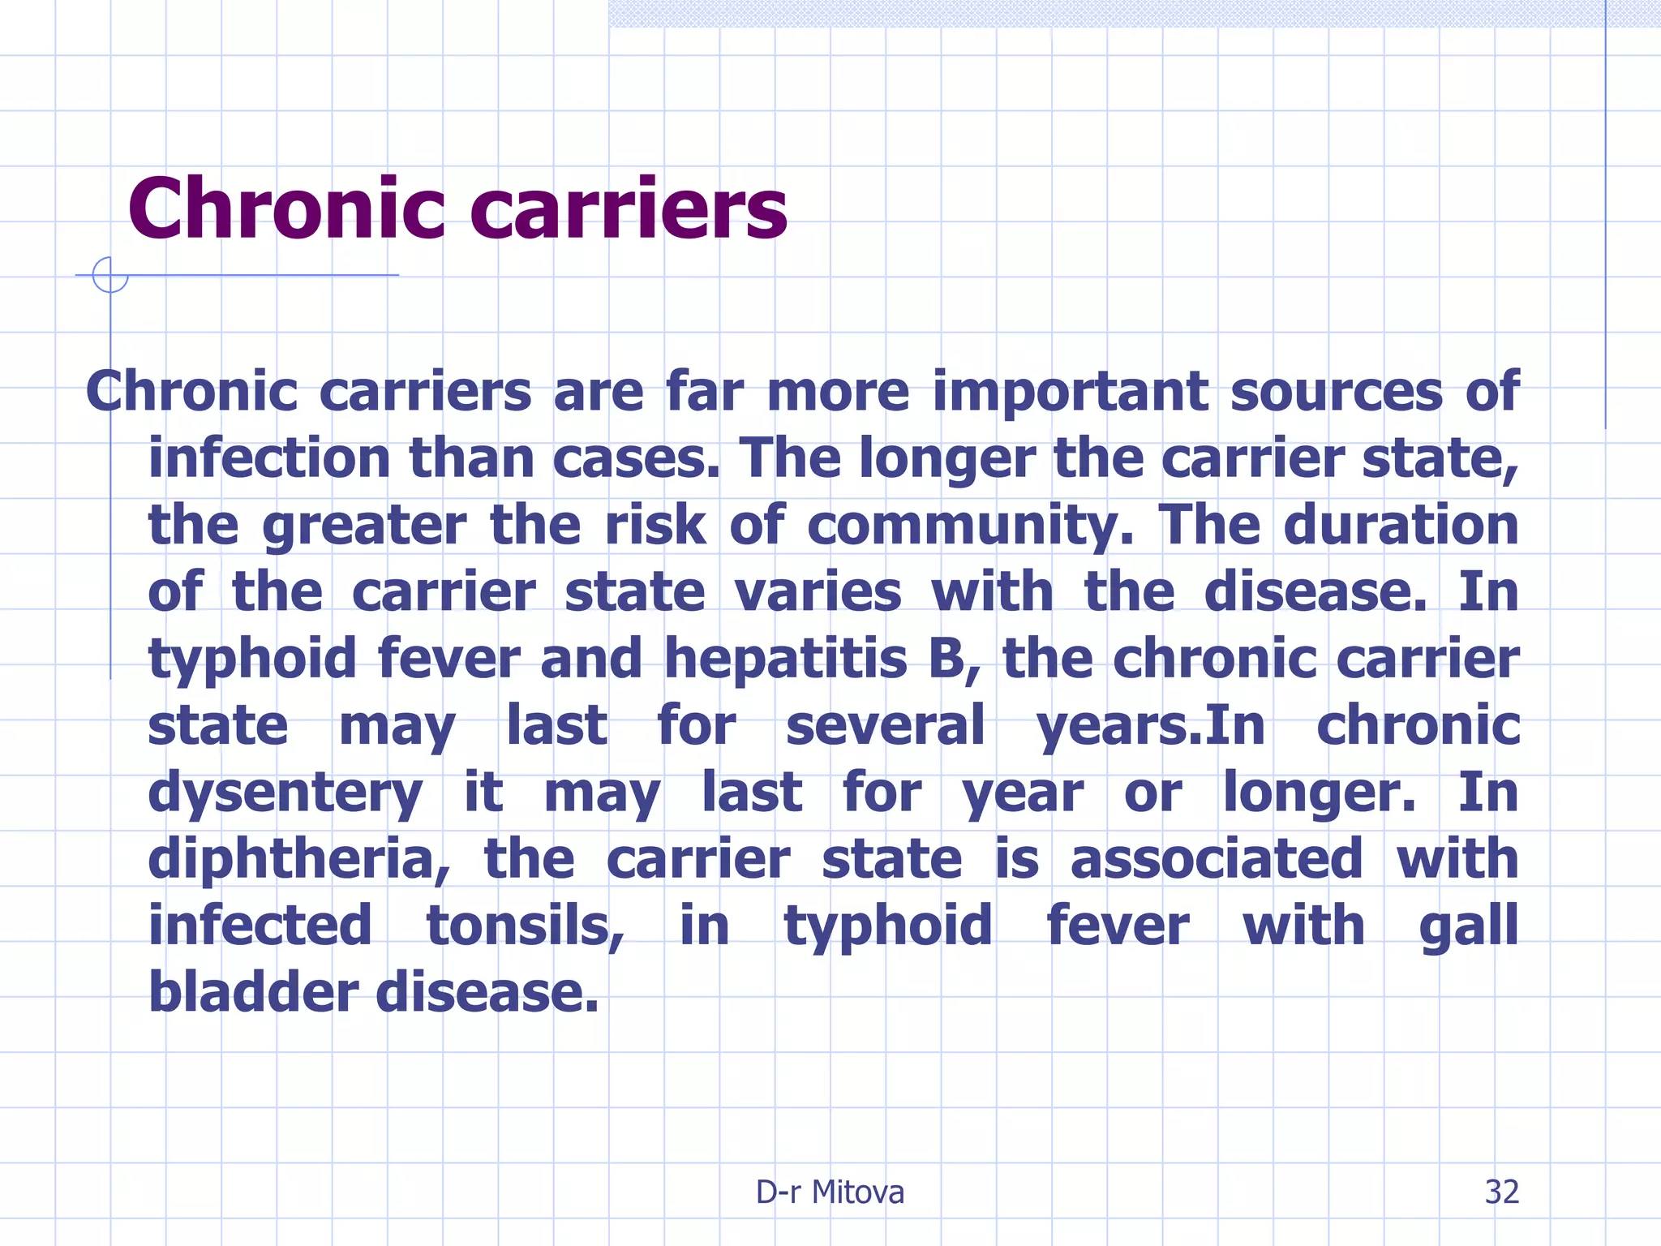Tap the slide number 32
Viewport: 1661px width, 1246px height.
[1501, 1192]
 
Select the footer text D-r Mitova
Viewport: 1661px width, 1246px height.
[830, 1192]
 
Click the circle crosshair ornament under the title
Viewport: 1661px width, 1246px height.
[109, 275]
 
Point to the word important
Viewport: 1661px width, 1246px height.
[1071, 392]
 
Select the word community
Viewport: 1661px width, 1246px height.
[970, 526]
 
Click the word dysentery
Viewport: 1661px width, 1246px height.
[285, 793]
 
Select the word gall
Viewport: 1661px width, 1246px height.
[1468, 926]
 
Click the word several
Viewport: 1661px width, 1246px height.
[885, 725]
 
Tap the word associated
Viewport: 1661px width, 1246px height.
[1216, 859]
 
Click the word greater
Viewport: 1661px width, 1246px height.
[364, 526]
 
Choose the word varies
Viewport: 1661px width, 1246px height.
[818, 592]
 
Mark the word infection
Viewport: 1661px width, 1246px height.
[269, 458]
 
